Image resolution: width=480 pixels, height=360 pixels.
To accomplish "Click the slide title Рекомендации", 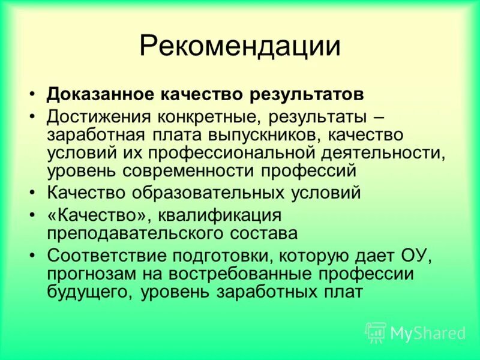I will click(x=240, y=47).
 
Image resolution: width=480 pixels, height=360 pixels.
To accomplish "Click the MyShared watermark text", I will click(x=428, y=332).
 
